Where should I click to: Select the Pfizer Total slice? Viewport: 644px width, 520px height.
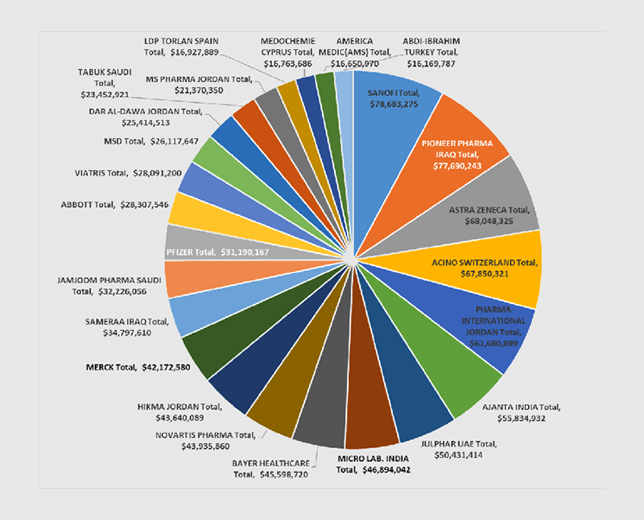click(215, 251)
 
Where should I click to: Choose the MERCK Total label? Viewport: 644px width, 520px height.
click(138, 367)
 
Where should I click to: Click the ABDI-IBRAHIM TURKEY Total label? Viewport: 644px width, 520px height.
click(437, 52)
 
